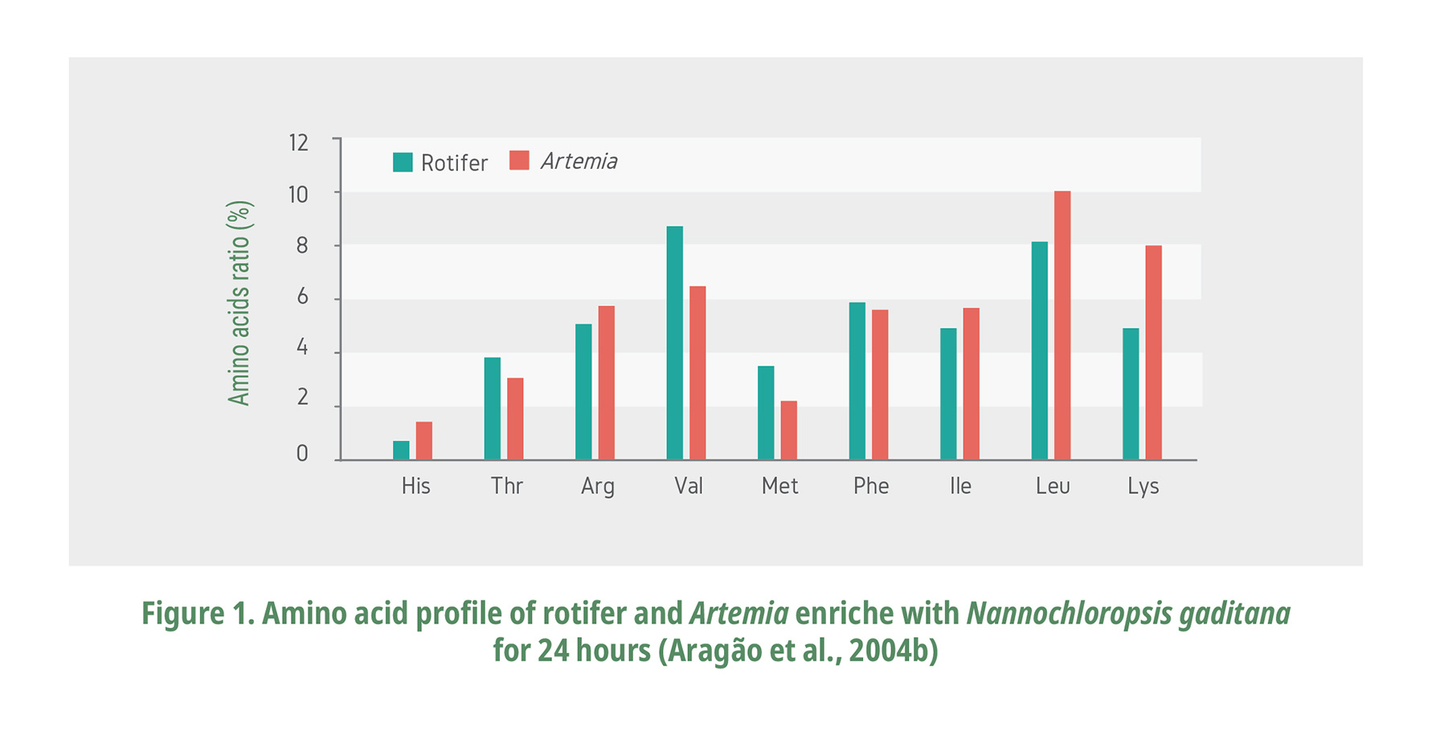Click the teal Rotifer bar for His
coord(401,451)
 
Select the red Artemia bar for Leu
coord(1062,325)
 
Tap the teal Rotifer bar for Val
coord(675,343)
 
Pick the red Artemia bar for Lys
coord(1153,353)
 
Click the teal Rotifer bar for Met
coord(766,413)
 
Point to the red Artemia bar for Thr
coord(515,419)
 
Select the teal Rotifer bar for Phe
coord(857,381)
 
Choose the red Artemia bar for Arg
coord(606,382)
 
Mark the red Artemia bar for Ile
coord(971,384)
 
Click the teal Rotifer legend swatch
coord(403,162)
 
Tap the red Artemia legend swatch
coord(519,161)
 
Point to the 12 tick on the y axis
coord(298,143)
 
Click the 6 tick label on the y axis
coord(302,297)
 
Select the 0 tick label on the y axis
coord(302,454)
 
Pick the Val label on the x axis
coord(689,486)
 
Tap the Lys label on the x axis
coord(1143,486)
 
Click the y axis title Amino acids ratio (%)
coord(239,303)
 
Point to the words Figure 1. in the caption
coord(198,614)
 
